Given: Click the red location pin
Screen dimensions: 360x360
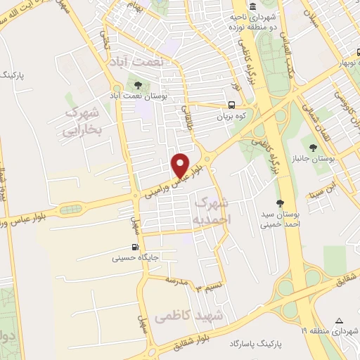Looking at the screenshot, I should coord(181,165).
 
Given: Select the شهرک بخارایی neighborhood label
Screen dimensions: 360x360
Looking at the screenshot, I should coord(82,121).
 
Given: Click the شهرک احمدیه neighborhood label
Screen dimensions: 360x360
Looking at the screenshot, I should coord(210,210).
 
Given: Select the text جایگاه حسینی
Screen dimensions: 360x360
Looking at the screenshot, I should coord(136,258).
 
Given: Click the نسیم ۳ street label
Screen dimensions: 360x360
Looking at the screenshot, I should coord(208,288).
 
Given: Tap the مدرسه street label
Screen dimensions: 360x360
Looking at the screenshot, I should coord(176,281).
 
